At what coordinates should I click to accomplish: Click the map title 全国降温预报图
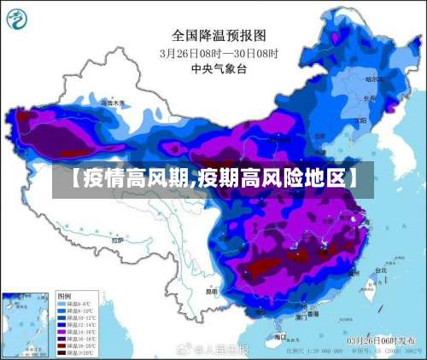click(x=219, y=35)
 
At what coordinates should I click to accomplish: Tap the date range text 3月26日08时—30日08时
click(x=219, y=53)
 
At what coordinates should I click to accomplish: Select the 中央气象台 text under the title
click(x=219, y=69)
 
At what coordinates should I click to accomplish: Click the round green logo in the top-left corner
click(x=18, y=19)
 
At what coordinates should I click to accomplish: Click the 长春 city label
click(x=368, y=98)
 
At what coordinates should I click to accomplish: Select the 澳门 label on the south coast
click(x=301, y=316)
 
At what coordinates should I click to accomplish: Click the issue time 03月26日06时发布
click(x=381, y=340)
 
